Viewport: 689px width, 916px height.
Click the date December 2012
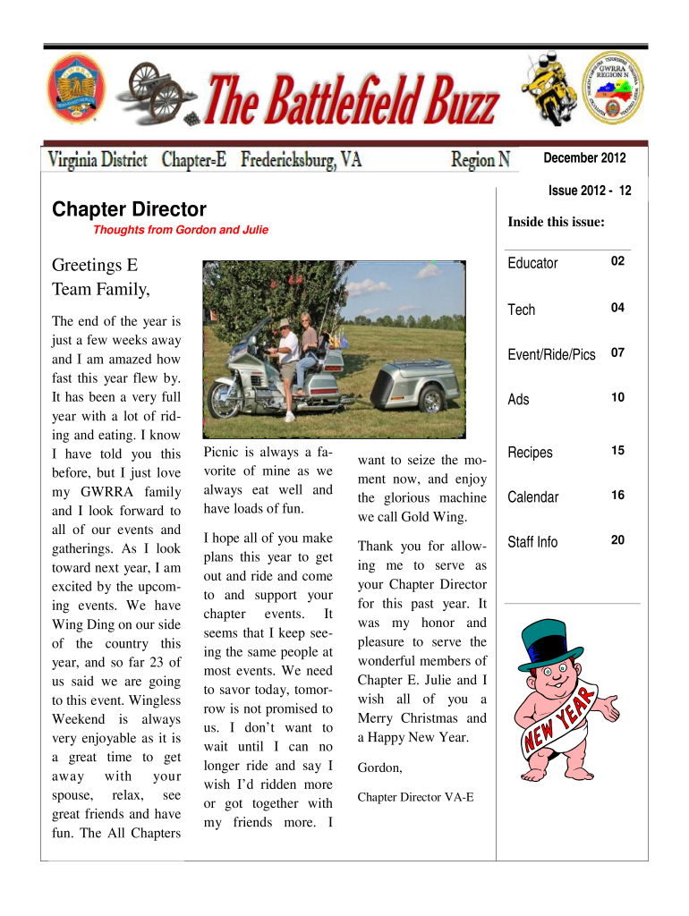click(584, 158)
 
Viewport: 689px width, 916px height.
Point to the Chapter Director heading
click(129, 209)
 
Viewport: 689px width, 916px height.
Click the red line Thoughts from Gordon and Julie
click(181, 230)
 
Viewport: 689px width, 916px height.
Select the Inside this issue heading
click(556, 222)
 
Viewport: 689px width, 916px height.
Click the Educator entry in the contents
click(532, 263)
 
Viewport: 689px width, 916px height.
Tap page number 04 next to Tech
click(617, 308)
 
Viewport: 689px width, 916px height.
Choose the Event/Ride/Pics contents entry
click(551, 354)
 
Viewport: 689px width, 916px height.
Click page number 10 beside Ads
click(617, 397)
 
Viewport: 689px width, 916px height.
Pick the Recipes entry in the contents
click(531, 453)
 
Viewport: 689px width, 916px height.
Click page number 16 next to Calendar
click(617, 496)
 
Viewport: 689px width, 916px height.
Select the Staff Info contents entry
click(532, 541)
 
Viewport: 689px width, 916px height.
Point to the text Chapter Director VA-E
click(415, 796)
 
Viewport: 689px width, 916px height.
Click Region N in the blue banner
click(481, 160)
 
